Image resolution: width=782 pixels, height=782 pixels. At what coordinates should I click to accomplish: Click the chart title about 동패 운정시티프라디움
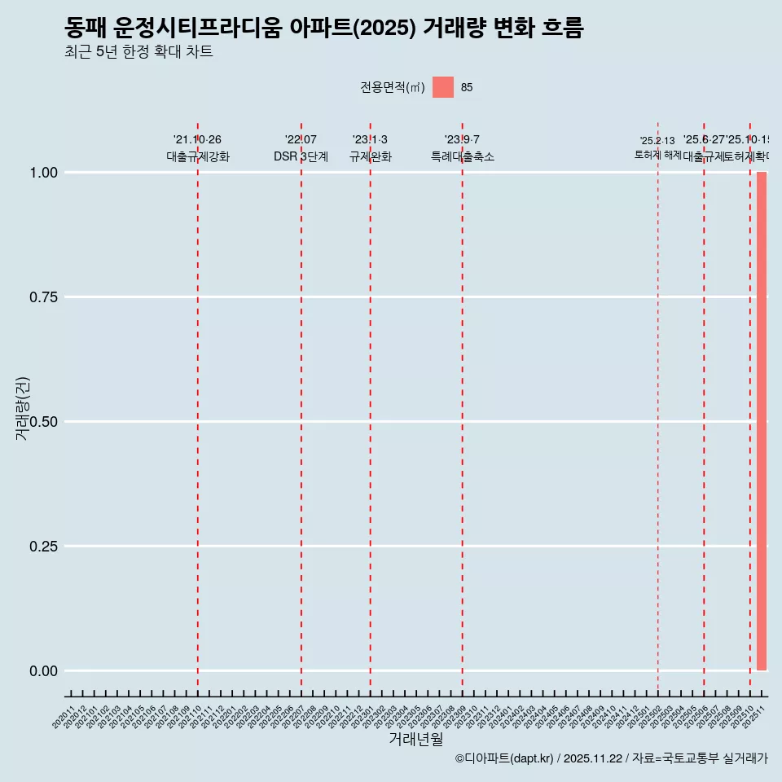[323, 29]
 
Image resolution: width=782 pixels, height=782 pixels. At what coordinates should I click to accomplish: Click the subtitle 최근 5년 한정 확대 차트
[138, 52]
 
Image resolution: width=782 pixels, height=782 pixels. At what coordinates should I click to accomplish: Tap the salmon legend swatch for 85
[443, 87]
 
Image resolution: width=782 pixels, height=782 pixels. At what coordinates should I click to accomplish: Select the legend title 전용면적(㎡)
[392, 88]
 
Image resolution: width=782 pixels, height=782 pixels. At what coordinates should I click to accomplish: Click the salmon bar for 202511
[762, 420]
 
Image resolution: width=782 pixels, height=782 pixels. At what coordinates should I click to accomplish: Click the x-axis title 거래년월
[415, 739]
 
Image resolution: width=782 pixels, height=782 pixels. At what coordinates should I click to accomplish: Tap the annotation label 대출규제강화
[198, 157]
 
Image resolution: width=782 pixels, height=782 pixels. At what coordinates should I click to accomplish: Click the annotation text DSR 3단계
[301, 157]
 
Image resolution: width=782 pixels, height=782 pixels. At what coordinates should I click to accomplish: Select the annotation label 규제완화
[371, 157]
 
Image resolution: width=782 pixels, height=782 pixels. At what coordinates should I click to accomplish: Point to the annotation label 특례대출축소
[463, 157]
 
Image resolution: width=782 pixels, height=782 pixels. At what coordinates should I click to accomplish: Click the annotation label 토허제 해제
[657, 155]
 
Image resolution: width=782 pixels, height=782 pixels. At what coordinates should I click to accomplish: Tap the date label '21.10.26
[197, 140]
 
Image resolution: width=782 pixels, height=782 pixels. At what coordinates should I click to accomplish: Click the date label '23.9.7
[462, 140]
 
